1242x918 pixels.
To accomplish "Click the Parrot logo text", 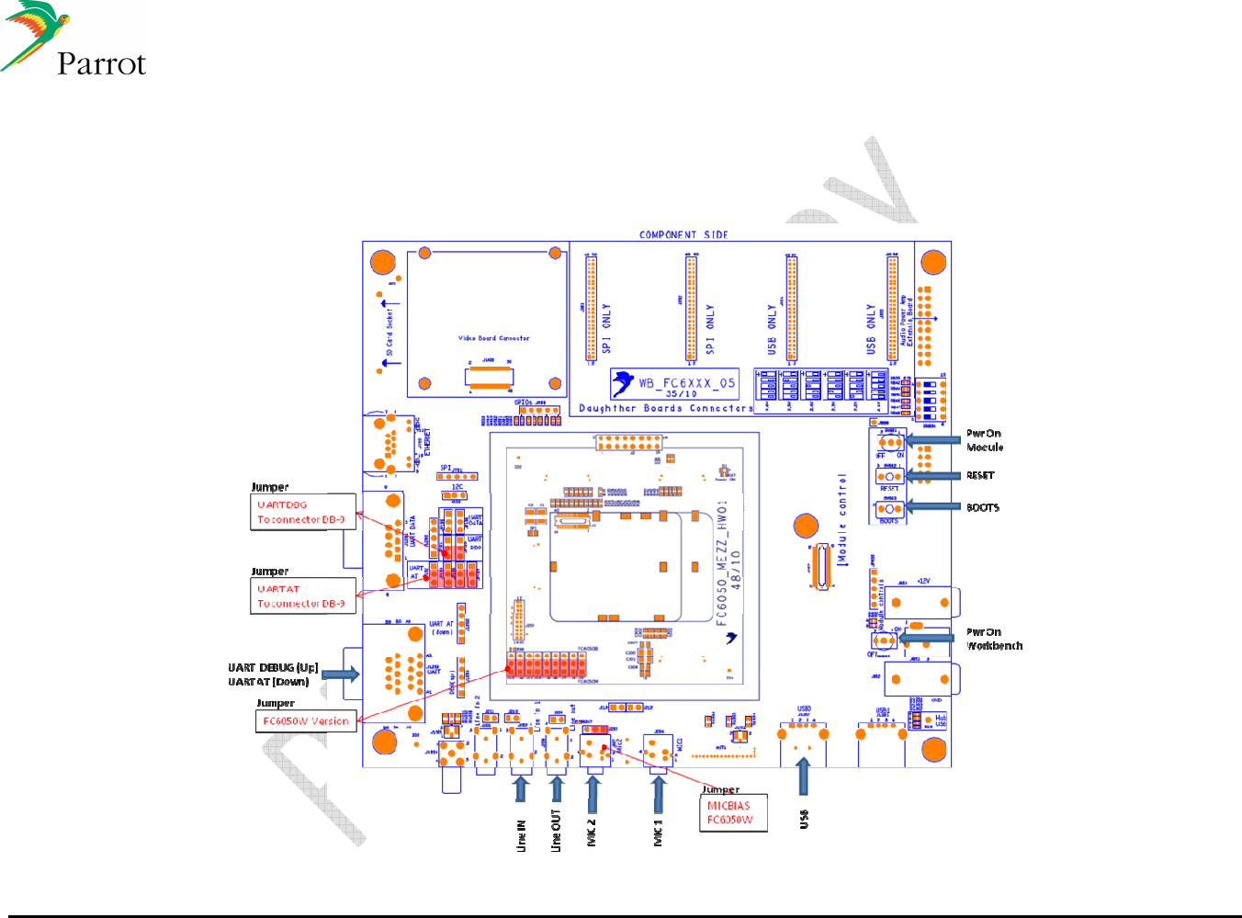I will coord(101,63).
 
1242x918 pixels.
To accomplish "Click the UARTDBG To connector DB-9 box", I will coord(302,512).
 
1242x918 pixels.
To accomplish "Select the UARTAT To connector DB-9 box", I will coord(302,595).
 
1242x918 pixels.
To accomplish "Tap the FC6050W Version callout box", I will coord(306,721).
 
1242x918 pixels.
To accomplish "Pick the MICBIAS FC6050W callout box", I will coord(732,812).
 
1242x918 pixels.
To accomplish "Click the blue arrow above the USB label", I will coord(804,776).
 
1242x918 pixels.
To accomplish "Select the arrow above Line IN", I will coord(521,788).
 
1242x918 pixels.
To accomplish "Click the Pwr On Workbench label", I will coord(994,639).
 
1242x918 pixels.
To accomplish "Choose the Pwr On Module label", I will coord(984,440).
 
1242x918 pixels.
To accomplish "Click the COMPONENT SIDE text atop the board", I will coord(683,235).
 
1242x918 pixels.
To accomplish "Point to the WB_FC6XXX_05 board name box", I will coord(675,384).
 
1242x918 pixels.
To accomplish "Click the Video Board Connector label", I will coord(493,338).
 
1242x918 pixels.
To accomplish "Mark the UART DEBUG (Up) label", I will coord(273,667).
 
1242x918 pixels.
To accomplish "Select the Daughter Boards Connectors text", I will coord(665,408).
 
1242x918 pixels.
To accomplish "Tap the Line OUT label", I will coord(556,831).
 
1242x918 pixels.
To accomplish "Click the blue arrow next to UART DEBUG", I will coord(340,674).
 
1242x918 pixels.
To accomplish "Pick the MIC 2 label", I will coord(591,833).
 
